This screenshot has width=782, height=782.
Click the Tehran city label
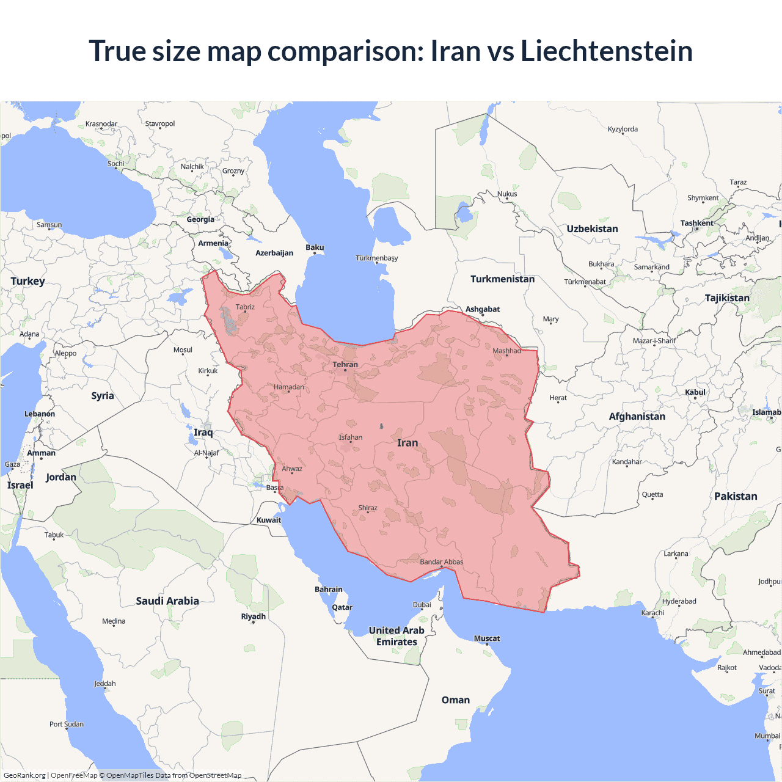(x=345, y=365)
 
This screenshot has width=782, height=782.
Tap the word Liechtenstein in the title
(x=606, y=51)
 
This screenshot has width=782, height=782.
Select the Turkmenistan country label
(x=502, y=279)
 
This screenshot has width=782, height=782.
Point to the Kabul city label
(x=695, y=392)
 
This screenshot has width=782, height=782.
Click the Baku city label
(x=315, y=247)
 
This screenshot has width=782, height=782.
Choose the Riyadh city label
(x=253, y=616)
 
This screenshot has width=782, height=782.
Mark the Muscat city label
(x=487, y=638)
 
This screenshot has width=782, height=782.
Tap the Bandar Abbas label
(x=441, y=562)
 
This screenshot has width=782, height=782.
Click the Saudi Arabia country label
(x=167, y=601)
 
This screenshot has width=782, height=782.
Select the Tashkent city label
(x=696, y=223)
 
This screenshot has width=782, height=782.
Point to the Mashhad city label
(x=506, y=351)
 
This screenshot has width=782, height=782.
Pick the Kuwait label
(x=269, y=521)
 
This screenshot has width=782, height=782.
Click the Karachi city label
(x=652, y=613)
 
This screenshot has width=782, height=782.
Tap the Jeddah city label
(x=104, y=684)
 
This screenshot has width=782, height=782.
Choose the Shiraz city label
(x=368, y=508)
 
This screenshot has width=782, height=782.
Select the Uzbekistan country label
(x=592, y=229)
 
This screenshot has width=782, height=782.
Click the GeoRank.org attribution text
(x=24, y=775)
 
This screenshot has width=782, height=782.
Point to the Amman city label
(x=41, y=453)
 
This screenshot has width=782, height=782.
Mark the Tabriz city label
(x=245, y=307)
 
